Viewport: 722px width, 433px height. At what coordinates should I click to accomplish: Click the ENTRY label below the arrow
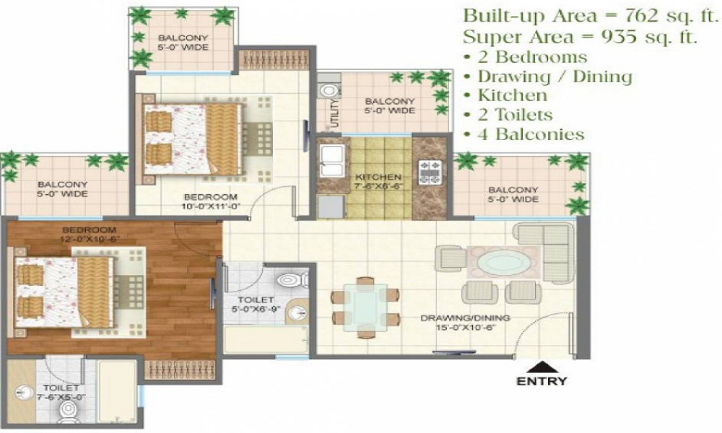[541, 381]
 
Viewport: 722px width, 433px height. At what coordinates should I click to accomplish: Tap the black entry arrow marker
[541, 366]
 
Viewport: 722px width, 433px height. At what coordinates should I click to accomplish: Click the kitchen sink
[330, 160]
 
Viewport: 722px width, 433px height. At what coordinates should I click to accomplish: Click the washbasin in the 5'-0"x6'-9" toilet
[297, 312]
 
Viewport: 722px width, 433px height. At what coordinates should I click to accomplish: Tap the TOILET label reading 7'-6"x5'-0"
[36, 392]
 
